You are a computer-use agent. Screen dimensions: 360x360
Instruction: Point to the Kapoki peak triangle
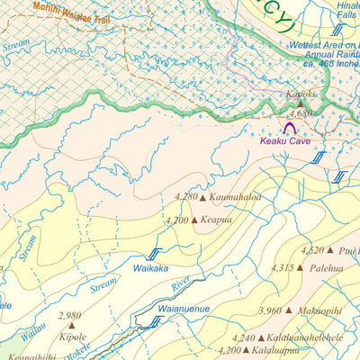pos(301,104)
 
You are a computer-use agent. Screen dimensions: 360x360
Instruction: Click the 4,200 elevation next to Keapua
pos(178,220)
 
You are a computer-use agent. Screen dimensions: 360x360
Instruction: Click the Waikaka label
pos(151,268)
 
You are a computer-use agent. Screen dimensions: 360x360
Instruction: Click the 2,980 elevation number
pos(68,316)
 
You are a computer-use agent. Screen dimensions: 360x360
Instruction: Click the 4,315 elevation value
pos(283,267)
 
